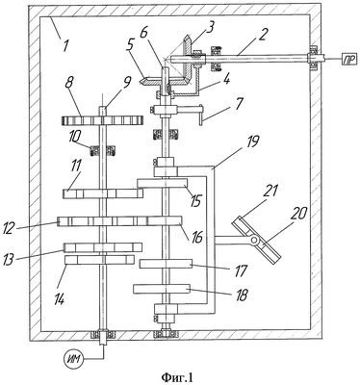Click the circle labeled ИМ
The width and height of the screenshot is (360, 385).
tap(74, 361)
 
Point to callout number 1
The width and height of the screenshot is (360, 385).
tap(65, 45)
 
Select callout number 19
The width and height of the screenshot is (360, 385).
tap(252, 142)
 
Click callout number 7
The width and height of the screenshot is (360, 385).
tap(239, 105)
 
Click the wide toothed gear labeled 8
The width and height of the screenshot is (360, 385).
tap(103, 120)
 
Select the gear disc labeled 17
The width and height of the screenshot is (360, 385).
tap(166, 264)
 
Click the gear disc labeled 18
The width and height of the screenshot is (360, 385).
tap(162, 289)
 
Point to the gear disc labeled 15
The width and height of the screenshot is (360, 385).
tap(162, 183)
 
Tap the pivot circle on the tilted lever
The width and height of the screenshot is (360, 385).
tap(255, 240)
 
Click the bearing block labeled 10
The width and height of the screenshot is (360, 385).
tap(103, 150)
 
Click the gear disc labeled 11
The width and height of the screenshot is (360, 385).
tap(103, 193)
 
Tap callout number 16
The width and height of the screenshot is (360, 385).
tap(196, 238)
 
